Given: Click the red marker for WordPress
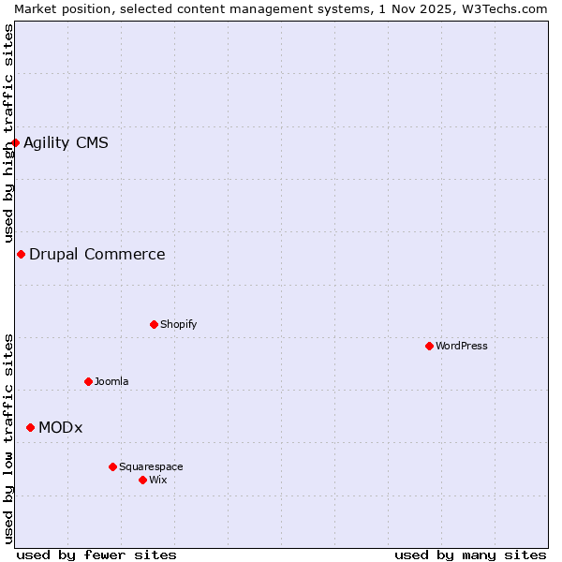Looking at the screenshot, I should [x=429, y=346].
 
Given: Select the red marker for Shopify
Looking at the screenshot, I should [x=154, y=324].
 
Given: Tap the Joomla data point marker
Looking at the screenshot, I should [x=88, y=381].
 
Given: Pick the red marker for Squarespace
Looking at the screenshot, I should [x=112, y=466].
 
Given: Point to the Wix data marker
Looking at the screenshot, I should [x=142, y=480].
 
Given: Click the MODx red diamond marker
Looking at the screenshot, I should [x=30, y=427].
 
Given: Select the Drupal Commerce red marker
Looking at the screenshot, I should [x=21, y=254].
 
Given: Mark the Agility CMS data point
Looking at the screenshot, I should [x=15, y=142].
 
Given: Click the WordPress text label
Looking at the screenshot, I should [x=462, y=346].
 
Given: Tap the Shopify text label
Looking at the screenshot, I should [x=178, y=324].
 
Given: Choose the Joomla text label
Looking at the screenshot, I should [x=111, y=381].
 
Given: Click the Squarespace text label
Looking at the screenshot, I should [x=151, y=466].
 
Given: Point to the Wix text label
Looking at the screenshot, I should [x=157, y=480].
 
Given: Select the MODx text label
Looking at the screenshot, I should [x=60, y=427].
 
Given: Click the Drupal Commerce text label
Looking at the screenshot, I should [x=96, y=254].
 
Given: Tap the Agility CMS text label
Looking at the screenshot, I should [x=66, y=142].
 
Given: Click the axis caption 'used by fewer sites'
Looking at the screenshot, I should [x=96, y=555].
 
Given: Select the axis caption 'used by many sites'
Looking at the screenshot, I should [x=470, y=555].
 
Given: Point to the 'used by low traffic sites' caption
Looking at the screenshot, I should [x=8, y=438].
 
